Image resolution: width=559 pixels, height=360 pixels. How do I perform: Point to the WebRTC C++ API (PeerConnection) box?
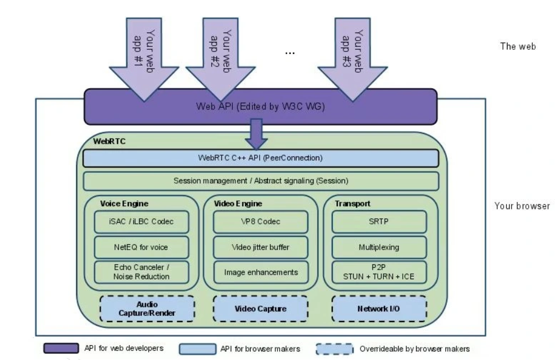point(260,157)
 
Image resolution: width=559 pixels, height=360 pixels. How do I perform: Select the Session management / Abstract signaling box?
point(260,180)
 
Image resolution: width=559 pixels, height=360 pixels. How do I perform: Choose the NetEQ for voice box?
point(141,247)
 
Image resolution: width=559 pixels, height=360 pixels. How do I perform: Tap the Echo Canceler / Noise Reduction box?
point(141,272)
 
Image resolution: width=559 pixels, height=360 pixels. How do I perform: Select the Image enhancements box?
point(260,271)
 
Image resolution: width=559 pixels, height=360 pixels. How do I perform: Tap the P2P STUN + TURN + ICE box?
point(379,271)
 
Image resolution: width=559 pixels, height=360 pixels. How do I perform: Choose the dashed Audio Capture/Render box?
point(148,308)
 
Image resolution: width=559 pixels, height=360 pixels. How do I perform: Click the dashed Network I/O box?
point(379,308)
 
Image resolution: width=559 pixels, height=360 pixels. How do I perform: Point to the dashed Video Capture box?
point(260,308)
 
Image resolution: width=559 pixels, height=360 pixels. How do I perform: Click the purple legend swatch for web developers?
point(62,348)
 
